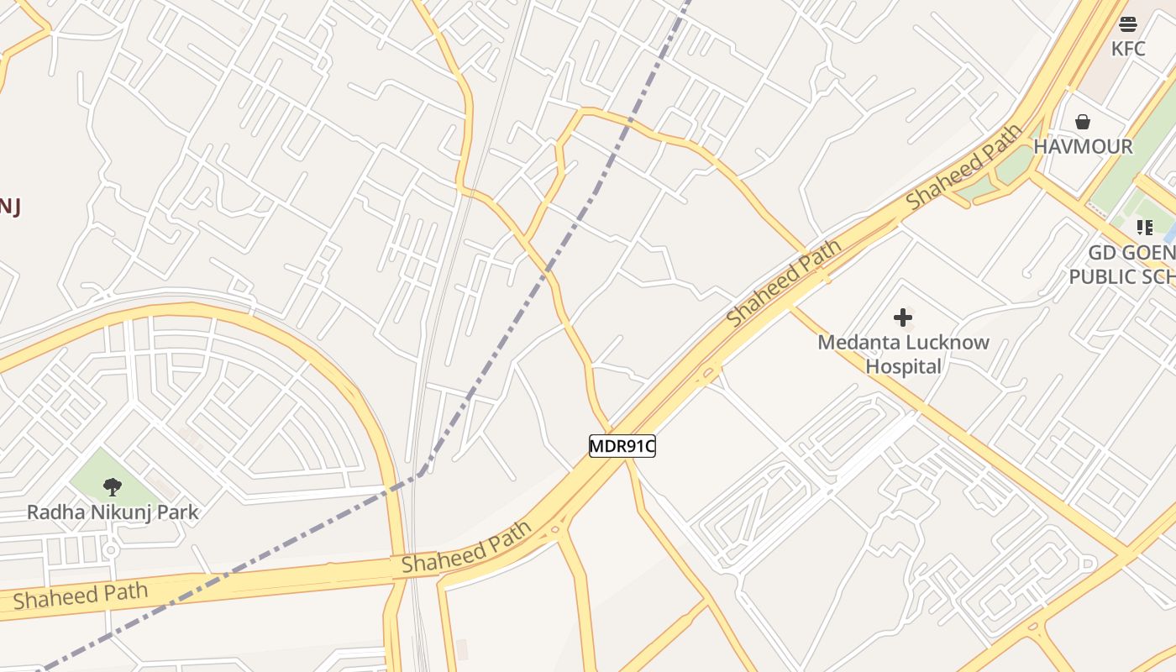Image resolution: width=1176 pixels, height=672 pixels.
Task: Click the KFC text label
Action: pyautogui.click(x=1127, y=49)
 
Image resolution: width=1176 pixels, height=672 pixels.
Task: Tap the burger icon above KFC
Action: pyautogui.click(x=1128, y=24)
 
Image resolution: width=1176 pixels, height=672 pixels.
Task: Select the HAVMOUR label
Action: pyautogui.click(x=1083, y=146)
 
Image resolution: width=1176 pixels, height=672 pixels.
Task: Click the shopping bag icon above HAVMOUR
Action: pyautogui.click(x=1083, y=122)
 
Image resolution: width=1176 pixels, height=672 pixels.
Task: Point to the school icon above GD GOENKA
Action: pyautogui.click(x=1144, y=227)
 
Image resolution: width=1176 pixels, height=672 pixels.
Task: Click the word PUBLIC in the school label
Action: pyautogui.click(x=1100, y=276)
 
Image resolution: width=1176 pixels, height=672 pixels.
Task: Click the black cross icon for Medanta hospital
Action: pyautogui.click(x=903, y=318)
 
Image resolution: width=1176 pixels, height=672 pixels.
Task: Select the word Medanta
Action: pyautogui.click(x=855, y=343)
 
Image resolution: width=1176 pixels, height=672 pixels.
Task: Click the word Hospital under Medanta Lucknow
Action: pyautogui.click(x=904, y=366)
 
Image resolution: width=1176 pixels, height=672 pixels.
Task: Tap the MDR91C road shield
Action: pyautogui.click(x=622, y=446)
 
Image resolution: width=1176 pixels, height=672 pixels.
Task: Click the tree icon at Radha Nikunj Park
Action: pyautogui.click(x=113, y=486)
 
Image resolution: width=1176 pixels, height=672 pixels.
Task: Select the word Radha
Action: pyautogui.click(x=51, y=512)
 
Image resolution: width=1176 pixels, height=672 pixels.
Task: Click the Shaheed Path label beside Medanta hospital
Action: pyautogui.click(x=784, y=283)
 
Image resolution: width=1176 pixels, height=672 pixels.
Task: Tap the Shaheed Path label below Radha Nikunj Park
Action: pyautogui.click(x=81, y=595)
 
